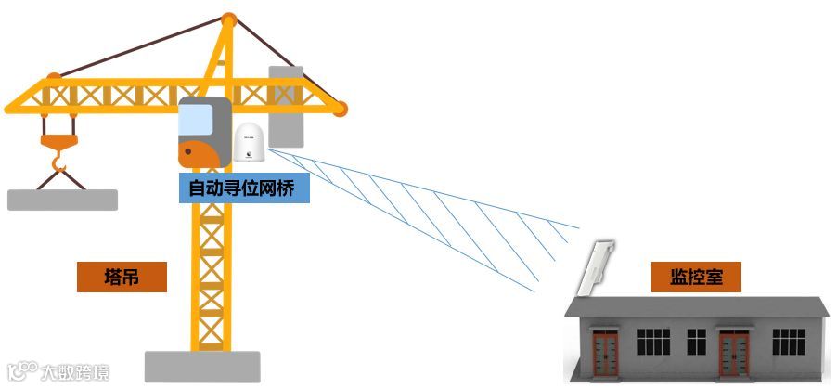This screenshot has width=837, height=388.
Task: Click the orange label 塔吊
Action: point(122,277)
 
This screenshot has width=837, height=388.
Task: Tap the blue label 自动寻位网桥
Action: point(242,188)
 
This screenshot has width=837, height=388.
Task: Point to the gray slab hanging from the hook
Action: point(62,199)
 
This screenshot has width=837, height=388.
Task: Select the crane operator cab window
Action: point(196,120)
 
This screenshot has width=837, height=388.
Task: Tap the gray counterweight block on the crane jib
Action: point(286,107)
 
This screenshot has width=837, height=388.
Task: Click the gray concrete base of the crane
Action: point(198,367)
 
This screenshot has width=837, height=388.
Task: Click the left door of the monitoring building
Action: point(605,353)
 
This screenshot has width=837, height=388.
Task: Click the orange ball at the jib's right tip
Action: point(341,110)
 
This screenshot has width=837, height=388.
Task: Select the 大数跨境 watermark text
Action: point(74,373)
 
